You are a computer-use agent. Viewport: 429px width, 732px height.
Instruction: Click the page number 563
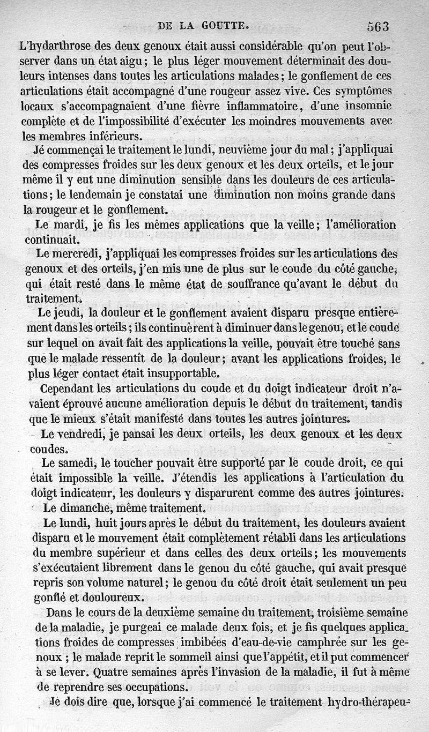(x=378, y=25)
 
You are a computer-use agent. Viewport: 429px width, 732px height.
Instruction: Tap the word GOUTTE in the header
(x=226, y=25)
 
